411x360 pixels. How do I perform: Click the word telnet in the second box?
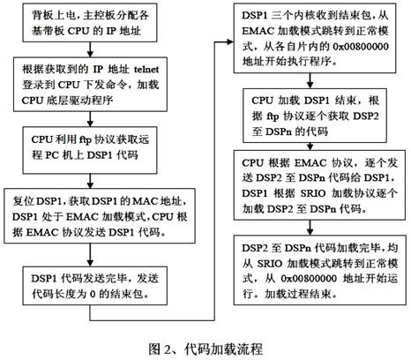point(146,70)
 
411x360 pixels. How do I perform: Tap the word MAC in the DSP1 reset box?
point(146,201)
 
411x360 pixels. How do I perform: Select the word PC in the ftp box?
point(52,154)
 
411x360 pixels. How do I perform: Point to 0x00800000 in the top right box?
point(361,47)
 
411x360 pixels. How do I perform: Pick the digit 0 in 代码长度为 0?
point(93,294)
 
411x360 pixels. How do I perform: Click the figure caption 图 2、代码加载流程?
point(205,349)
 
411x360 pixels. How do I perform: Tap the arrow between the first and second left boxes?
point(90,49)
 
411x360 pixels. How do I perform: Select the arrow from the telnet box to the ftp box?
point(90,119)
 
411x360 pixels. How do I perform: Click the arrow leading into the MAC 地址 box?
point(90,181)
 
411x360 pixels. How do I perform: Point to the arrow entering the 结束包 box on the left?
point(90,255)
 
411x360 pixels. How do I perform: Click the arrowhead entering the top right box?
point(230,41)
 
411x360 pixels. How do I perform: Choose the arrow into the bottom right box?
point(310,228)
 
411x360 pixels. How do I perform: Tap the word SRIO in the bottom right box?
point(270,263)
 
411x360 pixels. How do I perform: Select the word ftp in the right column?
point(273,116)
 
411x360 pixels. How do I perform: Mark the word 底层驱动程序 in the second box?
point(79,101)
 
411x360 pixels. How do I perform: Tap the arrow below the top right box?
point(310,80)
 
